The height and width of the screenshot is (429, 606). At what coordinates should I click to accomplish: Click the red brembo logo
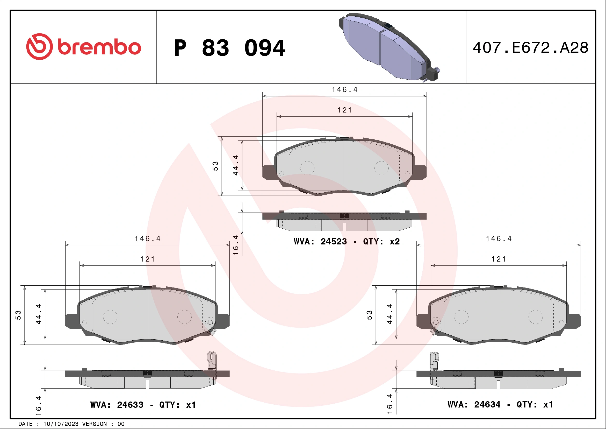click(83, 47)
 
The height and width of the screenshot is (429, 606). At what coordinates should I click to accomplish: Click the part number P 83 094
click(230, 48)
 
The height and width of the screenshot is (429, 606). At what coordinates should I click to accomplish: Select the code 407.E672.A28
click(531, 48)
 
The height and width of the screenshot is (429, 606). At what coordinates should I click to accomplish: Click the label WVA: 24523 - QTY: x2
click(347, 241)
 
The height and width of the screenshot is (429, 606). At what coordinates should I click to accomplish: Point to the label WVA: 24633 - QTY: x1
click(143, 405)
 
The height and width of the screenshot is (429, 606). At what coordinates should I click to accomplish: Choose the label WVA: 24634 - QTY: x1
click(500, 404)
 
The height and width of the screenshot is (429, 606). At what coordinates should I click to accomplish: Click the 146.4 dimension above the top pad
click(344, 90)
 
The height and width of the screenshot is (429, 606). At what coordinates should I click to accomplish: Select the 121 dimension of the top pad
click(344, 110)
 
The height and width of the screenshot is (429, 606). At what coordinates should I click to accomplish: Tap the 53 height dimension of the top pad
click(215, 166)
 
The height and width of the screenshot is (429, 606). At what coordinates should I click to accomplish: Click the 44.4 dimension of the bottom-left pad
click(38, 314)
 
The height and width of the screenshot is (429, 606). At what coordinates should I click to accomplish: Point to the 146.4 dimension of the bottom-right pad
click(499, 239)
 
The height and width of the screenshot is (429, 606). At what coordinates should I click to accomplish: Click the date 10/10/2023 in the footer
click(61, 424)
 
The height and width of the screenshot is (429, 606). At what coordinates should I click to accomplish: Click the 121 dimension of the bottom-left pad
click(147, 259)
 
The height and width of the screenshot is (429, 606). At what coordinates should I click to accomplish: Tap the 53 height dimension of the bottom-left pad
click(18, 315)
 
